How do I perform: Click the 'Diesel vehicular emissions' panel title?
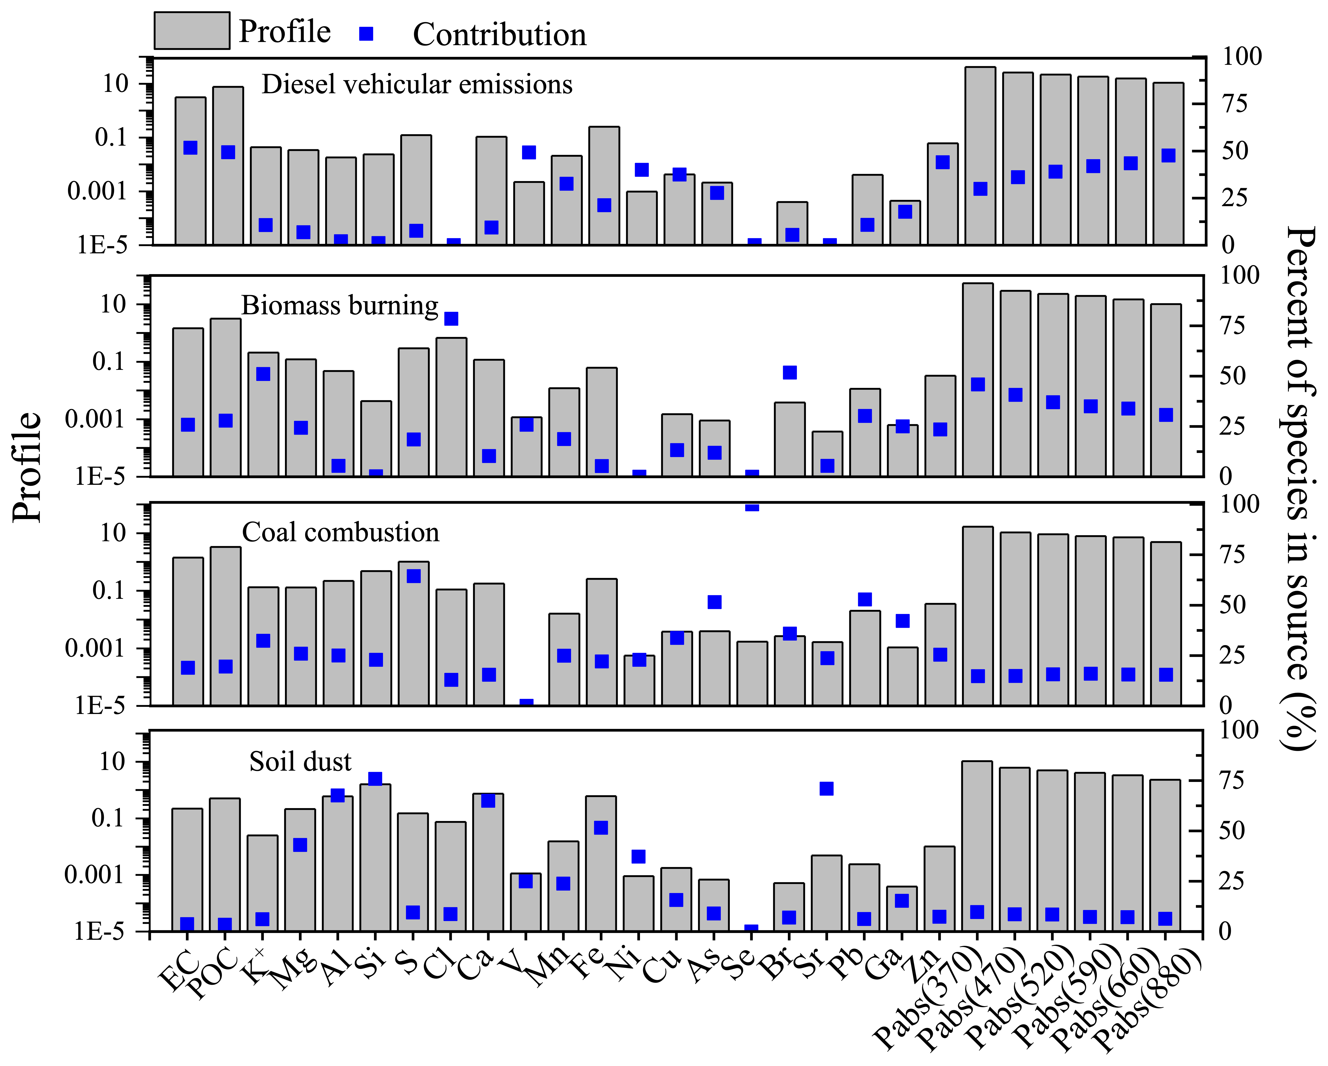417,84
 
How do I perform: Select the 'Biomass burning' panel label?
339,306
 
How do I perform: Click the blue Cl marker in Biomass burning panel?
451,318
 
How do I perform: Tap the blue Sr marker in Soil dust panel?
827,789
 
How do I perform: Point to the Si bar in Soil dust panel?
375,862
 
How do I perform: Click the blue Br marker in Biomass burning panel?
790,373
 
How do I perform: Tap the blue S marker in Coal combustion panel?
414,576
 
